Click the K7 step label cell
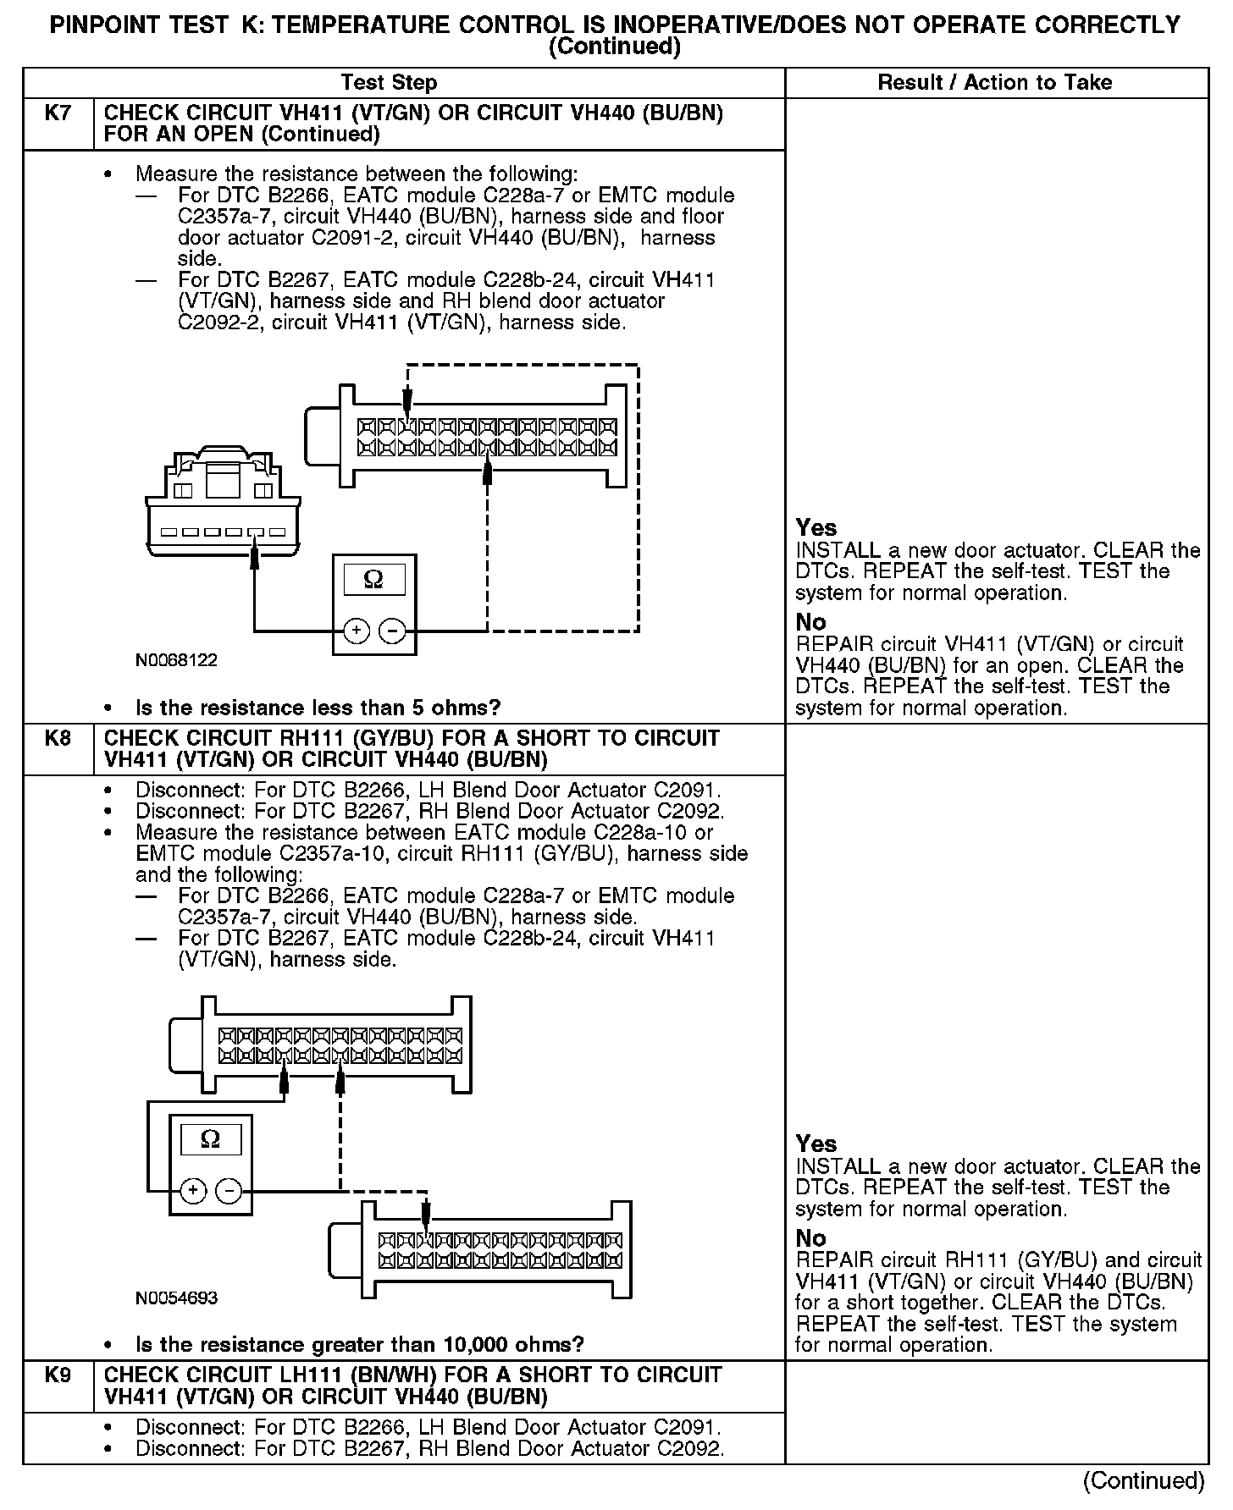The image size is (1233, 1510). tap(58, 113)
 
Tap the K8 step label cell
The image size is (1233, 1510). tap(58, 738)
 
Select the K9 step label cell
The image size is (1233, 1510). tap(58, 1375)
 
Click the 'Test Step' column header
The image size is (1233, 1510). tap(389, 83)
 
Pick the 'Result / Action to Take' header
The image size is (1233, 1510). tap(994, 83)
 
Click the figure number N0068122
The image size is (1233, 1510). tap(176, 660)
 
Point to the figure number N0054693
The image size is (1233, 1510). tap(176, 1298)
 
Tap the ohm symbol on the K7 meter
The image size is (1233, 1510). tap(373, 579)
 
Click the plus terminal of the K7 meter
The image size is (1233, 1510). tap(357, 631)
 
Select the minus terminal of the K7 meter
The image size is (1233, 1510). tap(390, 631)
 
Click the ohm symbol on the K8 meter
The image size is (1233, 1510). tap(210, 1139)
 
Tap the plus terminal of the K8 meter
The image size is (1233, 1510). tap(194, 1191)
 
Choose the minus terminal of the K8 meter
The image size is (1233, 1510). tap(228, 1191)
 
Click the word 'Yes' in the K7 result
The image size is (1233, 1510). tap(816, 528)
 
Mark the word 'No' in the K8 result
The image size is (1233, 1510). tap(810, 1238)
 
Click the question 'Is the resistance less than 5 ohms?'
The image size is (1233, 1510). tap(318, 708)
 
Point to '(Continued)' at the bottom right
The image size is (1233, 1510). tap(1143, 1480)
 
